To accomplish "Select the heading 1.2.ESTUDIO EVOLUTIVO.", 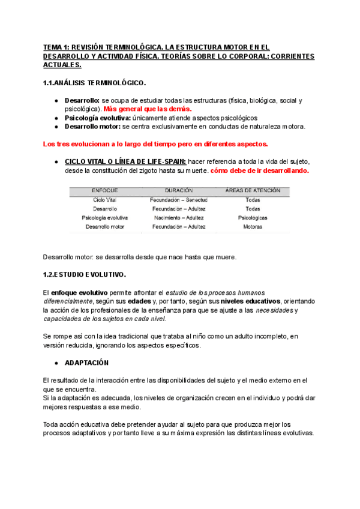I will point(85,275).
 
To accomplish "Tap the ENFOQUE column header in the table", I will point(104,190).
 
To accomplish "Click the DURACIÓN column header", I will point(178,190).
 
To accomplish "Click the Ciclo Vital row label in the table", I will point(104,199).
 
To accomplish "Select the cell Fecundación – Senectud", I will point(178,199).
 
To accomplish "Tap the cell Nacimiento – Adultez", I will point(178,217).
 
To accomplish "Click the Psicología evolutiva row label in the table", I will point(104,217).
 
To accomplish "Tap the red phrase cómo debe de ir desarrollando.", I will point(260,170).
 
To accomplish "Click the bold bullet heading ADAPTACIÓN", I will point(86,363).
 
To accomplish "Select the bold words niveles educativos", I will point(250,301).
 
